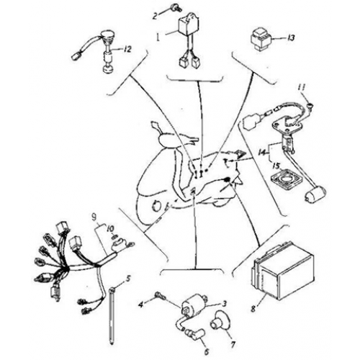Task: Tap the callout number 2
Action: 155,14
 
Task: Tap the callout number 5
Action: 127,279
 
